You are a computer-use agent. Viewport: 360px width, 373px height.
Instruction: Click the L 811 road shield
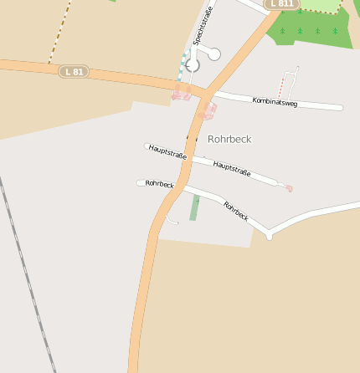pyautogui.click(x=281, y=4)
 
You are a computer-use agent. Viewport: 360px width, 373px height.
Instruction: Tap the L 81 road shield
pyautogui.click(x=75, y=71)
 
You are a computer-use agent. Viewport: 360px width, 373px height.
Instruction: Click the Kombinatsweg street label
pyautogui.click(x=275, y=102)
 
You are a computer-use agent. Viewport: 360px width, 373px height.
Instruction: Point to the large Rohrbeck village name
pyautogui.click(x=229, y=139)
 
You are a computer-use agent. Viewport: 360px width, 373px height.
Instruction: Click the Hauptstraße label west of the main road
pyautogui.click(x=167, y=151)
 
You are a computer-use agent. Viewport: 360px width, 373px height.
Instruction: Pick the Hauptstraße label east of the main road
pyautogui.click(x=232, y=167)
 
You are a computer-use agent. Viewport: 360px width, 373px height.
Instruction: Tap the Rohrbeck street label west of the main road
pyautogui.click(x=159, y=183)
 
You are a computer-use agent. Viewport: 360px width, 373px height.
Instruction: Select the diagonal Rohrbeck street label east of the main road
pyautogui.click(x=236, y=210)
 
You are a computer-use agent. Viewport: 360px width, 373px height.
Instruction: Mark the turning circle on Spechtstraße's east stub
pyautogui.click(x=213, y=54)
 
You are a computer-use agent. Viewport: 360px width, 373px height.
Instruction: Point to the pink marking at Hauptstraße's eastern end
pyautogui.click(x=289, y=188)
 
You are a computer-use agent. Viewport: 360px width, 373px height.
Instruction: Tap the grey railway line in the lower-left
pyautogui.click(x=25, y=268)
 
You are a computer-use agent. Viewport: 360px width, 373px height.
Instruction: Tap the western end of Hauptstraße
pyautogui.click(x=147, y=146)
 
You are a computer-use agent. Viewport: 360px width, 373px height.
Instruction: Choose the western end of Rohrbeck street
pyautogui.click(x=140, y=182)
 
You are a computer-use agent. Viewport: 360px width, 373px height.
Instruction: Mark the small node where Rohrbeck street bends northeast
pyautogui.click(x=269, y=236)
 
